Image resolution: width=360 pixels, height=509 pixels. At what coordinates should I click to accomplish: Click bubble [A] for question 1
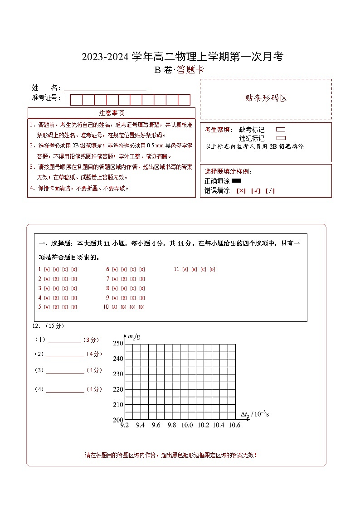(47, 269)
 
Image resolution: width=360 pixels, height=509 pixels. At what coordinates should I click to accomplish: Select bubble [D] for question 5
(74, 307)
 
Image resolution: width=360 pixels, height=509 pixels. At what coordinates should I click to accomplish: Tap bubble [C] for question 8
(133, 288)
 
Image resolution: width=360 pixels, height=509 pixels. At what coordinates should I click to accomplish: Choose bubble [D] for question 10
(142, 307)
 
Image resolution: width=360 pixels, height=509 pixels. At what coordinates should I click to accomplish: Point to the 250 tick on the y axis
(118, 344)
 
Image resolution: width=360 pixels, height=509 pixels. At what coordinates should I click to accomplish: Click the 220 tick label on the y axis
(118, 389)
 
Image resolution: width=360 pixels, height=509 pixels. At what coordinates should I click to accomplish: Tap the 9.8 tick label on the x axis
(171, 425)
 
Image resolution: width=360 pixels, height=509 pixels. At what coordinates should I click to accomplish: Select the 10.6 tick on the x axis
(234, 425)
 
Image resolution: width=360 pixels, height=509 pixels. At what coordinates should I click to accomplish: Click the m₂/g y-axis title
(134, 336)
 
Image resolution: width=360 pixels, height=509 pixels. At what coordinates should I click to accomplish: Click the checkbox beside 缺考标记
(281, 130)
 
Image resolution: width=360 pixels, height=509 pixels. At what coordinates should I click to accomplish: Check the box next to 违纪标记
(281, 138)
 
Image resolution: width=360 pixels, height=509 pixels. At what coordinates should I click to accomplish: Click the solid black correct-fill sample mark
(236, 181)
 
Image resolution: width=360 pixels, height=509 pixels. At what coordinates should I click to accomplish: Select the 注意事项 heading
(111, 113)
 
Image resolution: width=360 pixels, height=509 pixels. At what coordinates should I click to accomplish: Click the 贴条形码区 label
(266, 98)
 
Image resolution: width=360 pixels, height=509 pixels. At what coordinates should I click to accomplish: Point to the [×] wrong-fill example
(241, 191)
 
